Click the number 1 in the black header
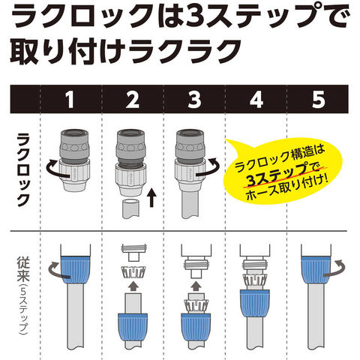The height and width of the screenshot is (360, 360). pyautogui.click(x=70, y=100)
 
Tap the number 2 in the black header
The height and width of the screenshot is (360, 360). pyautogui.click(x=133, y=100)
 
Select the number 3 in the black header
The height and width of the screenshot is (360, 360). pyautogui.click(x=194, y=100)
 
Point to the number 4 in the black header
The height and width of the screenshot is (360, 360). pyautogui.click(x=256, y=100)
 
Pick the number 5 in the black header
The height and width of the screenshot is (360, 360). pyautogui.click(x=319, y=100)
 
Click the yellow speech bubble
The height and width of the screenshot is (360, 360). pyautogui.click(x=283, y=172)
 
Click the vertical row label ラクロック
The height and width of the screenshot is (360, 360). pyautogui.click(x=24, y=170)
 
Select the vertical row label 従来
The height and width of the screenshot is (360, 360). pyautogui.click(x=24, y=268)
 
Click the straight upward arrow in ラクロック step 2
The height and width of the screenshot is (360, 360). pyautogui.click(x=151, y=198)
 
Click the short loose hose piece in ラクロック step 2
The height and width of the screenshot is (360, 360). pyautogui.click(x=130, y=208)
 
